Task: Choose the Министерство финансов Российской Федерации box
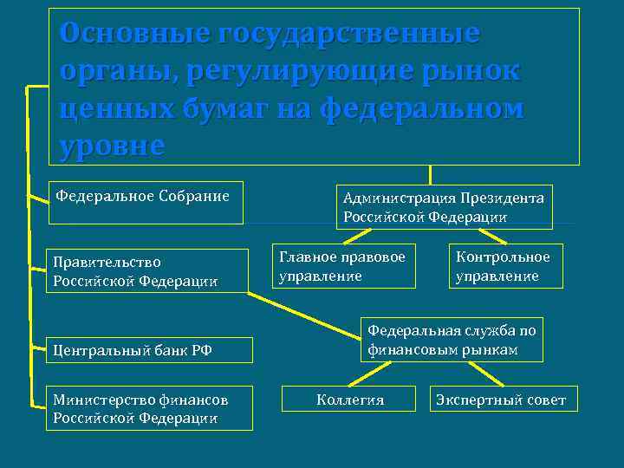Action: [149, 408]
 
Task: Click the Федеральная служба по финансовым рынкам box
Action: [452, 340]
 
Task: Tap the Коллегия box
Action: [350, 400]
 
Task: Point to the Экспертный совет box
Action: [503, 400]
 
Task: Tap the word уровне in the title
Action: [111, 145]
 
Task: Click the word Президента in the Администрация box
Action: [503, 198]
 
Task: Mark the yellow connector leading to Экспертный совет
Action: [487, 374]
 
